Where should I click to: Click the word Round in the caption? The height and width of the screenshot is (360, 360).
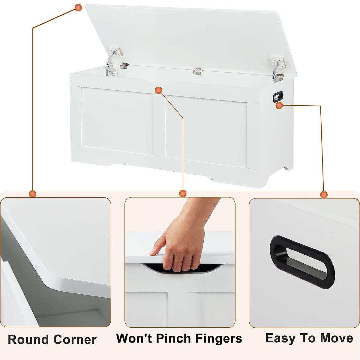(28, 340)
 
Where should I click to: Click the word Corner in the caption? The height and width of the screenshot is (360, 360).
(75, 340)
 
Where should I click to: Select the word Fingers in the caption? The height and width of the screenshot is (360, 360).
(219, 338)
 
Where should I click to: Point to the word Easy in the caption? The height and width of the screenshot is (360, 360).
(280, 338)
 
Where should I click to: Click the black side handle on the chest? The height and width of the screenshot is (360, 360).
(278, 96)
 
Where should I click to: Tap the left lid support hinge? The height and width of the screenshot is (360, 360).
(113, 61)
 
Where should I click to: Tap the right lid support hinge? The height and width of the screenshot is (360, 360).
(277, 69)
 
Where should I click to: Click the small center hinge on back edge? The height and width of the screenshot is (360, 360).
(197, 71)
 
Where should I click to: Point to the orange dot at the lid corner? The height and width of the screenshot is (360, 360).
(78, 8)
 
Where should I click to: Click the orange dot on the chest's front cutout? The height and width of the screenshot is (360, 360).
(159, 90)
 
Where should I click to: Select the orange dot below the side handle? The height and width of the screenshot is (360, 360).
(279, 106)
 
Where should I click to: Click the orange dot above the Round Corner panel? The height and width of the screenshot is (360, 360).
(33, 194)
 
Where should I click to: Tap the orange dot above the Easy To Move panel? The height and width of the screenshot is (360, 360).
(324, 195)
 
